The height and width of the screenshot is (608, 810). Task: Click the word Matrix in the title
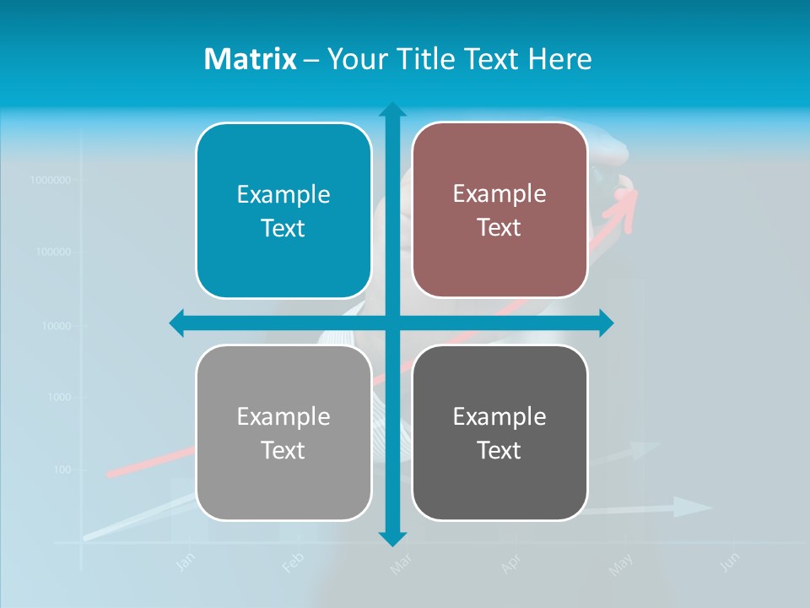click(251, 59)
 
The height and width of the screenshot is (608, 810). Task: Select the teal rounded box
click(283, 211)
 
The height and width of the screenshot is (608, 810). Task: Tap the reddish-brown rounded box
click(499, 210)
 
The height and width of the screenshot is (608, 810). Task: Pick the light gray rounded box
click(283, 432)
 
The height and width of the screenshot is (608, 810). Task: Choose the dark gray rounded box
click(499, 432)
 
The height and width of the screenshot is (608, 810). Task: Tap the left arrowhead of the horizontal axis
click(177, 323)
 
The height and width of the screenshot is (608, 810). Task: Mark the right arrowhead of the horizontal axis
click(606, 323)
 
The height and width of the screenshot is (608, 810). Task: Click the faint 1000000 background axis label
click(50, 180)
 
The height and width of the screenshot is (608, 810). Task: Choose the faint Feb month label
click(292, 563)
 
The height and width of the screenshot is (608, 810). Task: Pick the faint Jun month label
click(731, 562)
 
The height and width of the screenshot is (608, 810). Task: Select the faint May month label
click(621, 565)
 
